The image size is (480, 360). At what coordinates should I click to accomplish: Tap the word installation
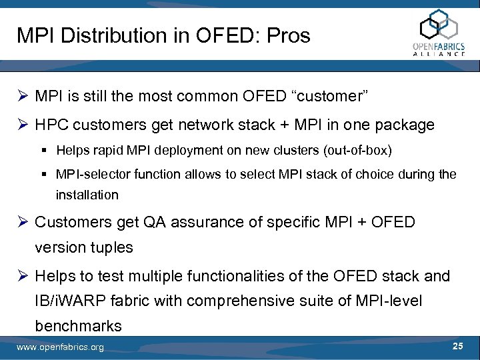[x=87, y=195]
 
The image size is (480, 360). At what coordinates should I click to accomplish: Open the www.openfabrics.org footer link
[x=60, y=347]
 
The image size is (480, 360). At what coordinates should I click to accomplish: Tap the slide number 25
[x=457, y=346]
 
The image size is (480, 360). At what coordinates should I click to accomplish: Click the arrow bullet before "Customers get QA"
[x=23, y=223]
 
